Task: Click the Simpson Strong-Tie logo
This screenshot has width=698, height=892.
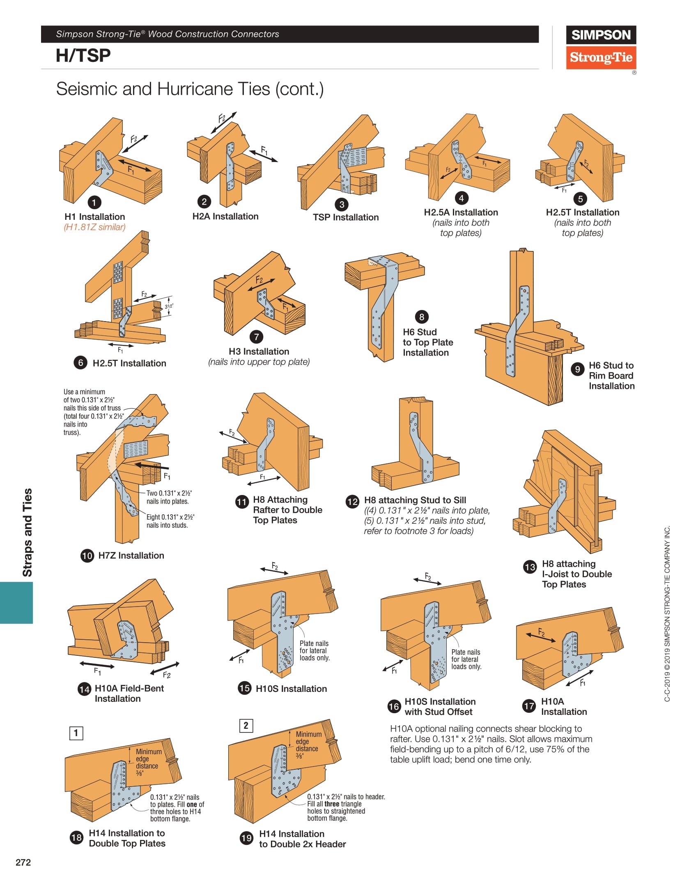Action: click(x=601, y=47)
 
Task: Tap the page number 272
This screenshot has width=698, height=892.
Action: click(x=23, y=862)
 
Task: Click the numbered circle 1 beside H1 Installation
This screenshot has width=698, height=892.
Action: click(x=94, y=202)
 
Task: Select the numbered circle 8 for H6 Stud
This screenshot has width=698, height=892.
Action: click(x=422, y=317)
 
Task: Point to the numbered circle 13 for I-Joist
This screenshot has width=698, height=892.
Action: click(x=530, y=567)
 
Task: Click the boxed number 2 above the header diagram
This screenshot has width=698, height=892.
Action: click(x=246, y=725)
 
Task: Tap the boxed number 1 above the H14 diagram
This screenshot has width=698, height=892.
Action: click(x=76, y=733)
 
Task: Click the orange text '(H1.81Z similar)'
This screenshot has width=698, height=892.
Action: click(x=94, y=227)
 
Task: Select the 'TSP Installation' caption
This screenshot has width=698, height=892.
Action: click(x=346, y=217)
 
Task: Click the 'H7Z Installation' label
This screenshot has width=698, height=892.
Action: click(x=131, y=556)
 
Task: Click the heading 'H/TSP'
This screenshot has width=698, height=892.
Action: click(x=83, y=56)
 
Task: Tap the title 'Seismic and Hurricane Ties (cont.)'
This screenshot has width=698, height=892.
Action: click(x=190, y=89)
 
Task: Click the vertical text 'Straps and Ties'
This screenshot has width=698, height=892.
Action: click(x=27, y=532)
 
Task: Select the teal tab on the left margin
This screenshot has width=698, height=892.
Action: click(x=16, y=603)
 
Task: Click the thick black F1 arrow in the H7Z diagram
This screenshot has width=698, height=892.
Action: click(x=152, y=466)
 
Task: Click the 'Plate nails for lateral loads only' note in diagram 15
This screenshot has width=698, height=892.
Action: click(x=314, y=650)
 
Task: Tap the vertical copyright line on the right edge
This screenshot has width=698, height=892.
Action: click(x=667, y=614)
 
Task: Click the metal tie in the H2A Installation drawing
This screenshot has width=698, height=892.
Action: click(x=230, y=168)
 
